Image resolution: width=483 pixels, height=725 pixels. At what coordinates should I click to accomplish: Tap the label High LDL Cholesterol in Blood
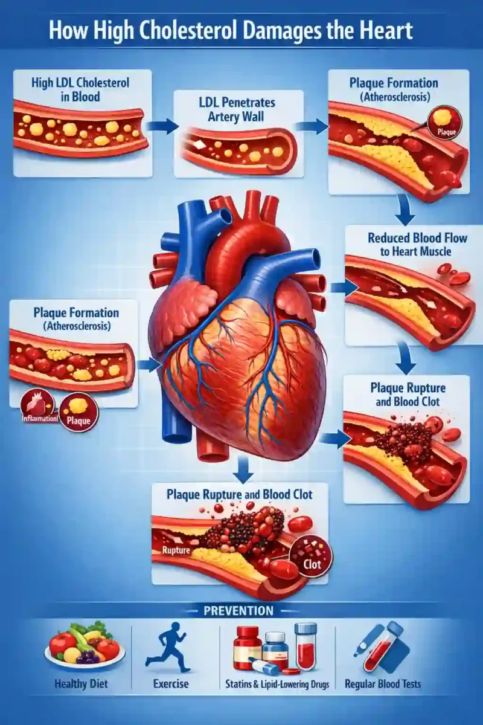point(80,89)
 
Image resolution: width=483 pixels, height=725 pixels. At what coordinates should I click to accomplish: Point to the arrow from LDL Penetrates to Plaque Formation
point(312,126)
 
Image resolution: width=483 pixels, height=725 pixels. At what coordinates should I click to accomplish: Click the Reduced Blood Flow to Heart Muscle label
point(417,245)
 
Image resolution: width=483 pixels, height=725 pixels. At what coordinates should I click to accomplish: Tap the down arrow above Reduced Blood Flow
point(405,210)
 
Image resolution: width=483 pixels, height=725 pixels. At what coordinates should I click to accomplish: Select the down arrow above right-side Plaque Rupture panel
point(406,359)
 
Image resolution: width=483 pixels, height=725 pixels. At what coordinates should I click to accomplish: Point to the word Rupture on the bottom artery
point(176,550)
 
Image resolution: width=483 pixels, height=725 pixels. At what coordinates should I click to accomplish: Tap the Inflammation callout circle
point(38,408)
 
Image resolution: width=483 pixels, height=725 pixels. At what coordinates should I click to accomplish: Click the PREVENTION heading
point(238,611)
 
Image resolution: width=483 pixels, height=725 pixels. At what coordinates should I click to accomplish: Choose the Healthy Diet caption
point(81,683)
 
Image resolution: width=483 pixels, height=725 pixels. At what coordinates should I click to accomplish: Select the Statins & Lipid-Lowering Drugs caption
point(277,684)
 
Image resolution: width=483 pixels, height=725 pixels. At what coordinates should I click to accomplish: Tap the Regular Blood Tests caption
point(383,683)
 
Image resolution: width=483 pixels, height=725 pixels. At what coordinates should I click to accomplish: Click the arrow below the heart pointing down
point(243,469)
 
